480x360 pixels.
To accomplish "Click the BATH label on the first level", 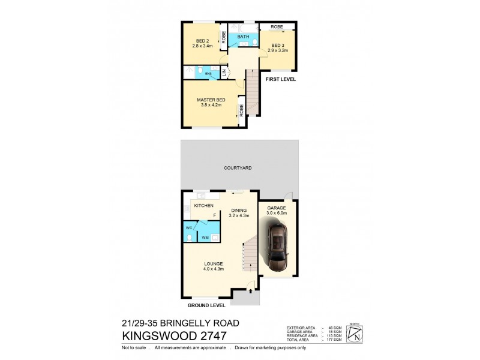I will tap(244, 37).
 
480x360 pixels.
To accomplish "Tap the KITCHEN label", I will tap(203, 206).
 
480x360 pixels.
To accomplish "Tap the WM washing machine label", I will tap(205, 238).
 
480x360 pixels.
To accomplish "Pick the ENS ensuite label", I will tap(208, 74).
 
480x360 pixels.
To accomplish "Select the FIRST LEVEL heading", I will tap(281, 79).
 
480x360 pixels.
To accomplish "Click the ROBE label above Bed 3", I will tap(277, 27).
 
